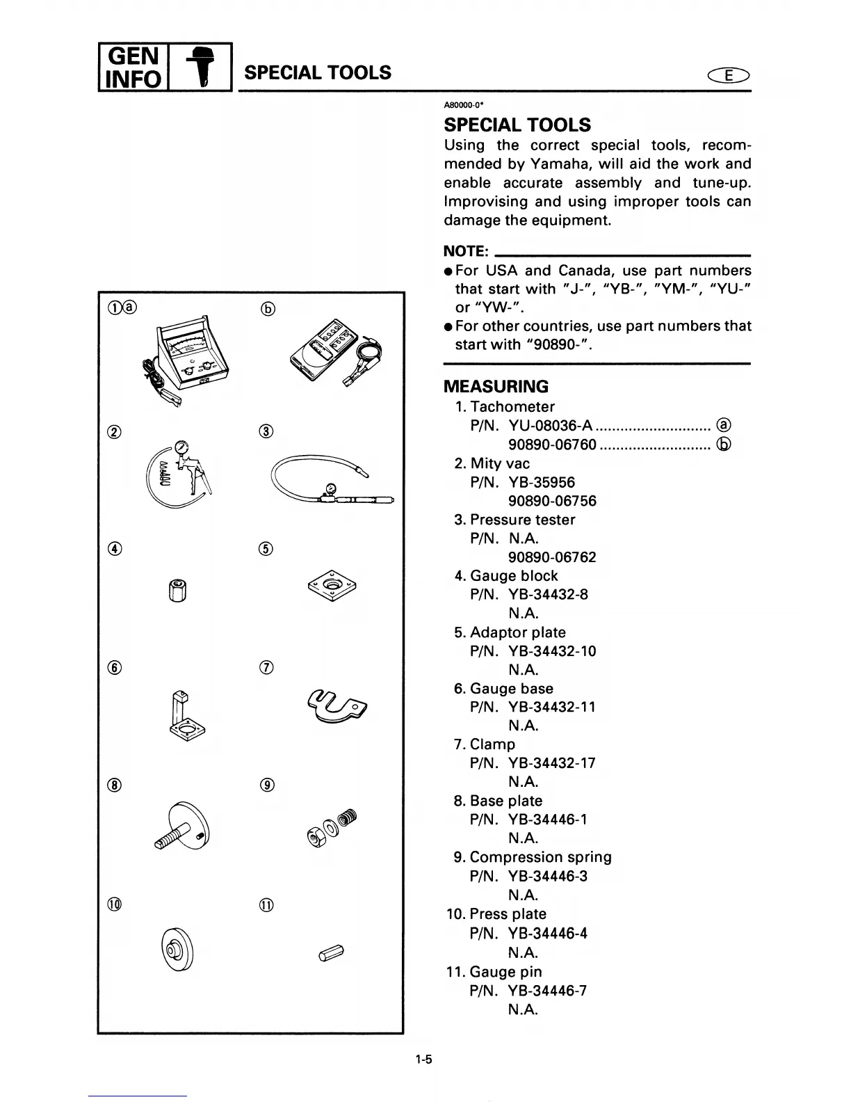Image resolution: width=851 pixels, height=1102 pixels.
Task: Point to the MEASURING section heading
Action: click(496, 387)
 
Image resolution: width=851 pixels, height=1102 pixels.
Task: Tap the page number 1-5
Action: click(424, 1060)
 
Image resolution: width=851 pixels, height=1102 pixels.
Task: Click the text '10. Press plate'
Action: click(496, 914)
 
